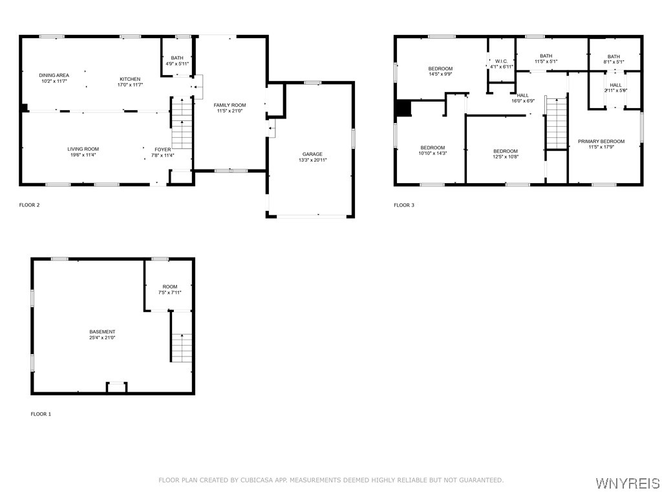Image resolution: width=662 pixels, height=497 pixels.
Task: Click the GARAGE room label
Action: coord(312,154)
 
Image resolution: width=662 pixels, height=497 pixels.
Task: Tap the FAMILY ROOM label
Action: coord(230,105)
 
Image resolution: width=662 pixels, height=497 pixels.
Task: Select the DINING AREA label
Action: coord(54,75)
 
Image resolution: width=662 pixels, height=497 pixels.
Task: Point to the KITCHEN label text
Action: coord(130,79)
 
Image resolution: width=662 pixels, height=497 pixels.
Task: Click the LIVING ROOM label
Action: coord(83,149)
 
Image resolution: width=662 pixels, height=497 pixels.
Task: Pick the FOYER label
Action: coord(163,149)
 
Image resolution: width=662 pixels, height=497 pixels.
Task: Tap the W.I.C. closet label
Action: coord(502,61)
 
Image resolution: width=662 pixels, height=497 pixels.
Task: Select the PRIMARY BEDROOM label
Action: coord(601,142)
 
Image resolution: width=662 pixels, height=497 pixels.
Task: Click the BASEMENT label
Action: coord(102,332)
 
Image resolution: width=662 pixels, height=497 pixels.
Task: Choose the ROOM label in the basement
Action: coord(170,287)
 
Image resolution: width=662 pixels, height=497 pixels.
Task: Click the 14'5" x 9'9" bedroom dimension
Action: coord(440,74)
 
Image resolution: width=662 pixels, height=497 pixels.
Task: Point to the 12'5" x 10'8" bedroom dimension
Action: coord(506,157)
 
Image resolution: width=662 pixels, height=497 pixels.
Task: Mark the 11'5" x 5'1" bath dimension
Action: coord(546,61)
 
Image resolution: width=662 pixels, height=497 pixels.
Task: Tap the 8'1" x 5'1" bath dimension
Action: coord(614,61)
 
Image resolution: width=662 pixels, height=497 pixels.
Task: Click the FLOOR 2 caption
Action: coord(30,205)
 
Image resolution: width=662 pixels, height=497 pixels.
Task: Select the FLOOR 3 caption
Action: coord(404,205)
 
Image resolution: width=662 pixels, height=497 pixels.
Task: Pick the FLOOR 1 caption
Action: coord(41,414)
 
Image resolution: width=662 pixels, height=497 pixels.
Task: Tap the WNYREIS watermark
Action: coord(628,483)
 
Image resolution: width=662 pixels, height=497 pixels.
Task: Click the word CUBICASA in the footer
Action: coord(257,480)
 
